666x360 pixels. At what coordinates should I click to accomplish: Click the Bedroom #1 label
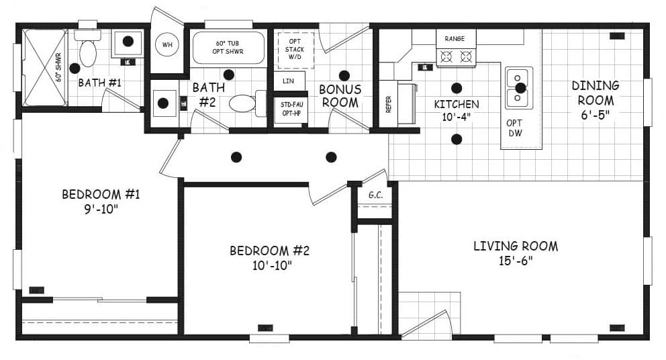tap(100, 201)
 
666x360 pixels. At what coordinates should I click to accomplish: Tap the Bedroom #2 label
tap(269, 257)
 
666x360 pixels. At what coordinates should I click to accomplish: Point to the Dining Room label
tap(596, 100)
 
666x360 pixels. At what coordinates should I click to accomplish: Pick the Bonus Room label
tap(340, 96)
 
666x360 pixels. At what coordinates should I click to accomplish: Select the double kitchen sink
tap(519, 88)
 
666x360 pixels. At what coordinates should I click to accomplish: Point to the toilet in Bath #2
tap(242, 104)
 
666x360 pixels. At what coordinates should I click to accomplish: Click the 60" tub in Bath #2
tap(229, 47)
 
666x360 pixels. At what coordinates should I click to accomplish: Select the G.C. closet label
tap(375, 195)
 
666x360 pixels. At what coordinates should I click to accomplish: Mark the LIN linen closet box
tap(289, 81)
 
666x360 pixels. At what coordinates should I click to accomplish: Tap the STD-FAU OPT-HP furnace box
tap(289, 109)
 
